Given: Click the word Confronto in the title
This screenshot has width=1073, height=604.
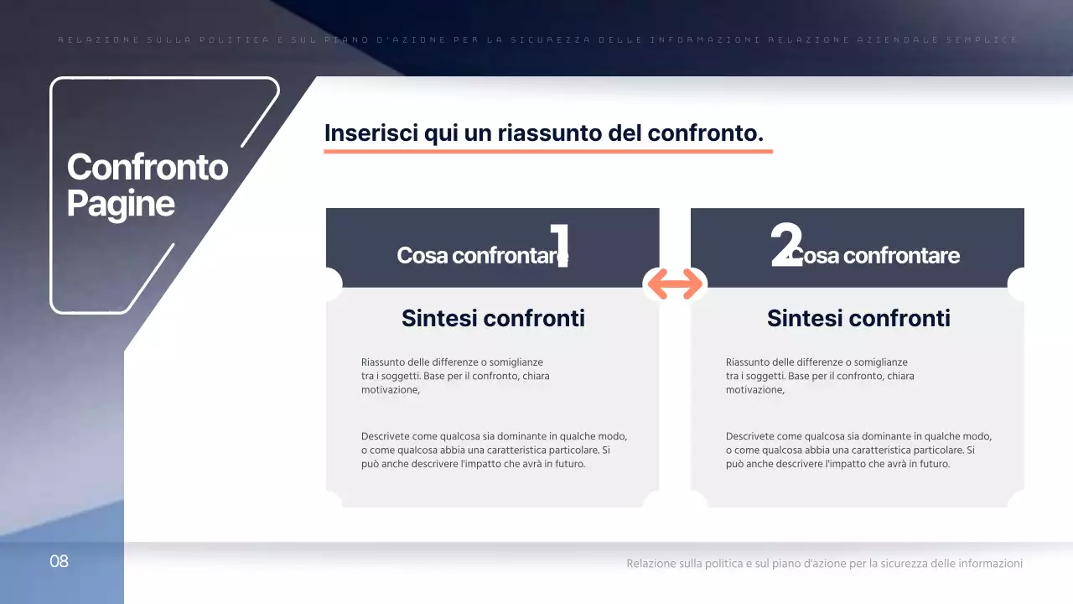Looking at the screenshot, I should click(x=147, y=167).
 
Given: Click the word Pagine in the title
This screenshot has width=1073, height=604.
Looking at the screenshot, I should click(x=121, y=204).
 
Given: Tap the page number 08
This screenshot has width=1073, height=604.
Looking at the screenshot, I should click(x=59, y=561).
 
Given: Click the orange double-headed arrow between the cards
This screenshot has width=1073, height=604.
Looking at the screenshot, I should click(x=675, y=284).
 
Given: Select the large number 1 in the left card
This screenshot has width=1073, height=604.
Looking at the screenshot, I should click(x=559, y=245).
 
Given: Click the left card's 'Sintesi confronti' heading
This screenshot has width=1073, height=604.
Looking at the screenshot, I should click(x=493, y=318).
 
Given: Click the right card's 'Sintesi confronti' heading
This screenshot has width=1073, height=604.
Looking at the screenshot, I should click(x=858, y=318).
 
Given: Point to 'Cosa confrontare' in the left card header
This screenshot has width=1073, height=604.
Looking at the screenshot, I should click(x=478, y=255).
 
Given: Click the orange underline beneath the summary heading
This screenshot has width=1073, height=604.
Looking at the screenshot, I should click(x=548, y=152).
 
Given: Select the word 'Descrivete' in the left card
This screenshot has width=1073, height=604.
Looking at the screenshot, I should click(x=387, y=436).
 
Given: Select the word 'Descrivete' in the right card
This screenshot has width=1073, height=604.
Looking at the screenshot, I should click(x=752, y=436).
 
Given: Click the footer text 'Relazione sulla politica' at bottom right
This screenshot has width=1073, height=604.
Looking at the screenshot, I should click(x=684, y=564).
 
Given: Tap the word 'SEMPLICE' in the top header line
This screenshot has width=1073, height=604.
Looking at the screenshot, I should click(x=992, y=39).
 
